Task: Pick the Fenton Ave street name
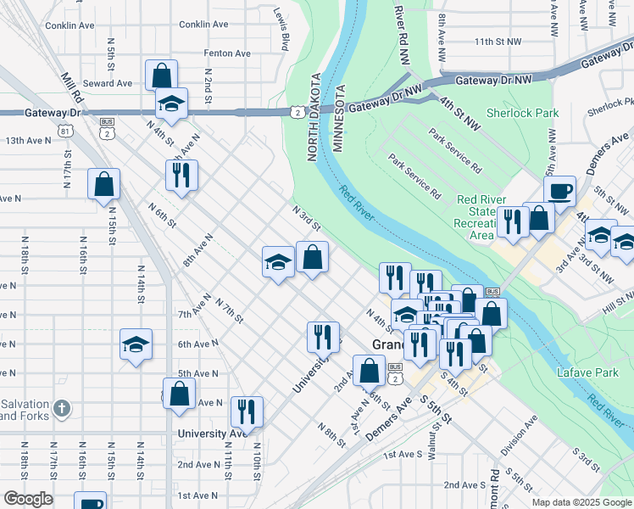227,53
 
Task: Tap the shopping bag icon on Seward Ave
161,75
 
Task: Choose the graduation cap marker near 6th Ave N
136,344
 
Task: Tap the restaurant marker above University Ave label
247,411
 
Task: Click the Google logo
28,499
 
